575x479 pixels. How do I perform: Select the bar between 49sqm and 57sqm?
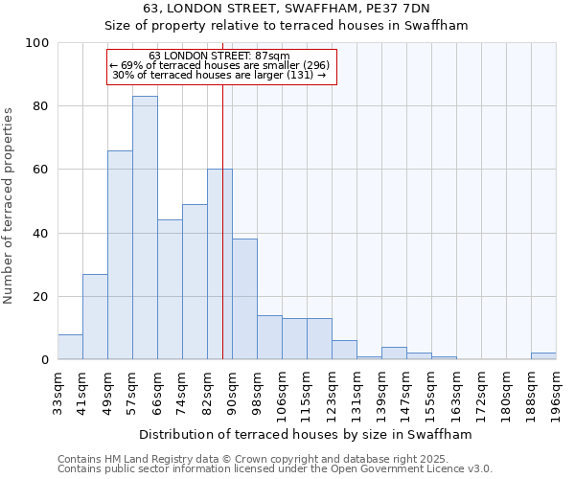point(120,255)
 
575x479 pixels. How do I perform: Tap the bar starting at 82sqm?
point(219,264)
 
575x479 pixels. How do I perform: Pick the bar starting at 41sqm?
point(95,317)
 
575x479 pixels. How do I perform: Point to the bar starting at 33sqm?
point(70,347)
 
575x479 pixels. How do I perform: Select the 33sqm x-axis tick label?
point(57,392)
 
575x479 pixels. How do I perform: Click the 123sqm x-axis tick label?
point(332,395)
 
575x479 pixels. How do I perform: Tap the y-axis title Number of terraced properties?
point(10,206)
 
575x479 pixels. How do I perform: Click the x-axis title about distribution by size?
point(311,434)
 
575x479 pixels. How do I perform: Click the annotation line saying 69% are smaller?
point(220,65)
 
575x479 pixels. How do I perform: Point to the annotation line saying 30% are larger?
point(220,75)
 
